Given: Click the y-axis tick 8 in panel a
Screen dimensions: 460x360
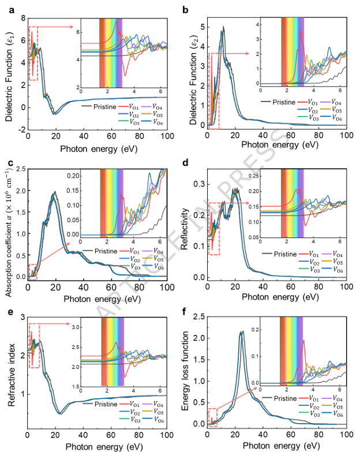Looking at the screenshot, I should tap(22, 18).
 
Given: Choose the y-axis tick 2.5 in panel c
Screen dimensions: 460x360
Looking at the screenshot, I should tap(18, 168).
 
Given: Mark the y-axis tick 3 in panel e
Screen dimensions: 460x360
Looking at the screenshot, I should tap(22, 316).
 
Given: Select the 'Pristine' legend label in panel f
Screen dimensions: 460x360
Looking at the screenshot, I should tap(284, 398).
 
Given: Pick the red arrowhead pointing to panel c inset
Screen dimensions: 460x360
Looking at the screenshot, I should tap(69, 244).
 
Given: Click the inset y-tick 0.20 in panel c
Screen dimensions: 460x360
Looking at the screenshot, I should tap(74, 174).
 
